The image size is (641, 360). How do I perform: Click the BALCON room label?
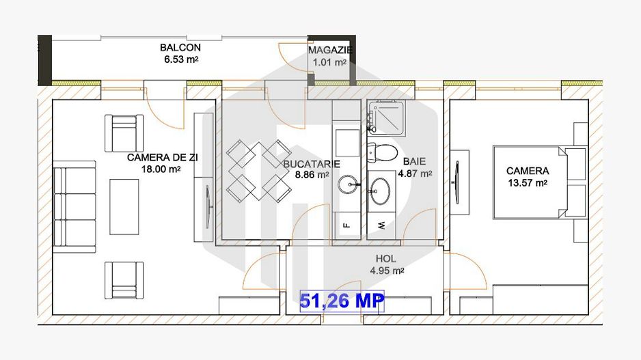(x=180, y=48)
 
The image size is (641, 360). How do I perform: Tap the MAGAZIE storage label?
(x=329, y=51)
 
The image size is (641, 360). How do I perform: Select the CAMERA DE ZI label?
(x=163, y=158)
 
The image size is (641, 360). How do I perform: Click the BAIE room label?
(x=414, y=162)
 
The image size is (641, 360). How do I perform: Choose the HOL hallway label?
(x=386, y=260)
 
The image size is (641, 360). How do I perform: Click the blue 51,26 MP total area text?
(x=342, y=299)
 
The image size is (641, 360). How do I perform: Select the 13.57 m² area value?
(x=527, y=182)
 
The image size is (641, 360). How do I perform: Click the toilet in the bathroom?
(x=382, y=152)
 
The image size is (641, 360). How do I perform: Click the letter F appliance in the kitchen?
(x=346, y=224)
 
